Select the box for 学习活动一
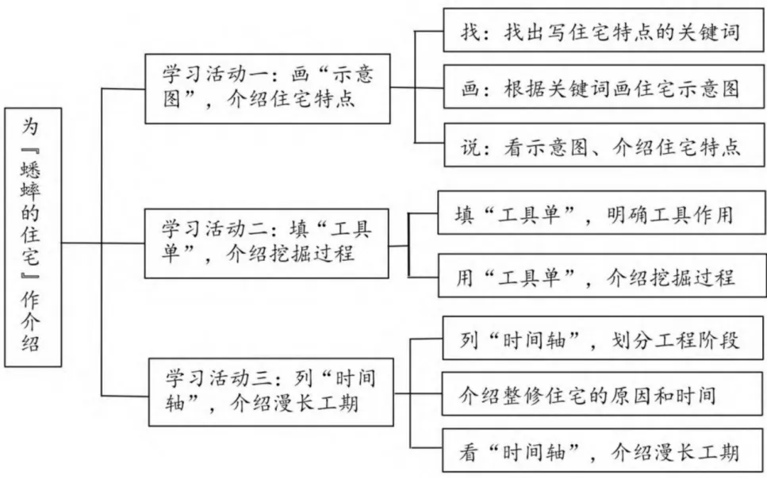[267, 89]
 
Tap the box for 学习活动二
[267, 242]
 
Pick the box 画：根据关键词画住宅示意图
[600, 88]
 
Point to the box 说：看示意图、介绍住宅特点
[600, 147]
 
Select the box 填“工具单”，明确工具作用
[600, 215]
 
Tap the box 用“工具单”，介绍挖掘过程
[600, 277]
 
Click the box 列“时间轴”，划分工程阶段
[600, 341]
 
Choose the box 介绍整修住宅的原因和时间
[600, 394]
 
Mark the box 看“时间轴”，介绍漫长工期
[600, 452]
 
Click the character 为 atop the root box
[33, 126]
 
